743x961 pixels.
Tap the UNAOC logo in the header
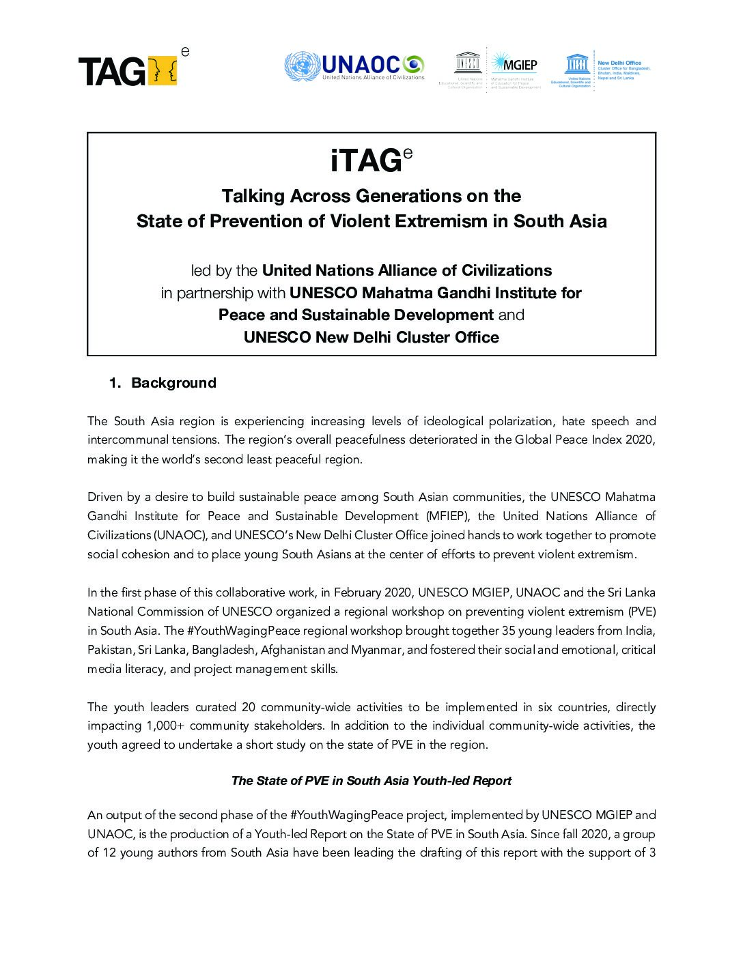pos(354,66)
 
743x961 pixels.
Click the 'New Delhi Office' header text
pos(619,63)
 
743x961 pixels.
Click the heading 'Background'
pos(173,383)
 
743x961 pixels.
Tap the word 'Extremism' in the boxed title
pos(435,221)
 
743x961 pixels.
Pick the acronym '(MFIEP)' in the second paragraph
pos(448,515)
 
